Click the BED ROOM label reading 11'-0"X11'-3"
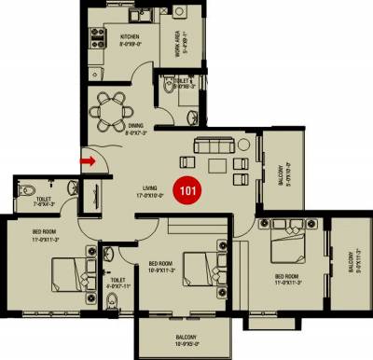pos(288,280)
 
